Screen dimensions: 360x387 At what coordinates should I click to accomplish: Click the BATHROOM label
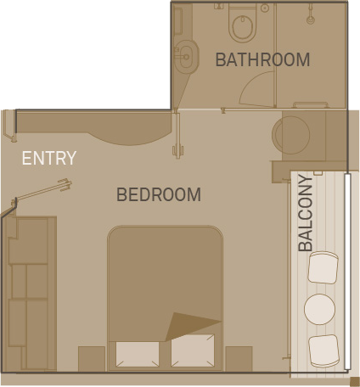(x=262, y=59)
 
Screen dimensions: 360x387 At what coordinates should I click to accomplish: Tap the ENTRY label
(x=49, y=158)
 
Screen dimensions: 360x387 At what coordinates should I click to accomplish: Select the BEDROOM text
(x=159, y=194)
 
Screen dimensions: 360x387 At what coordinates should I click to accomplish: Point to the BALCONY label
(x=306, y=213)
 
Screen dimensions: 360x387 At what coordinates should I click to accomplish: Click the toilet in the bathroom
(x=243, y=25)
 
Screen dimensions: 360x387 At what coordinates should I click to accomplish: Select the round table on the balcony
(x=319, y=309)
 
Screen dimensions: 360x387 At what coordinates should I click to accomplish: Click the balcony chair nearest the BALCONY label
(x=323, y=268)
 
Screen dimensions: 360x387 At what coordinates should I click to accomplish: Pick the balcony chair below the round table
(x=323, y=351)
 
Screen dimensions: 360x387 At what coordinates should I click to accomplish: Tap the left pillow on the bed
(x=138, y=354)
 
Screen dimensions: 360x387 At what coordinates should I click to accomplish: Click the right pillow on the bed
(x=193, y=351)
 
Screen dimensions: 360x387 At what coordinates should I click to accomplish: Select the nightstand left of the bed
(x=92, y=359)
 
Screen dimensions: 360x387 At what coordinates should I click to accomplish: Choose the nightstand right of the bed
(x=239, y=359)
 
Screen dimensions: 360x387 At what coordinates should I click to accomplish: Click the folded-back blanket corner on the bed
(x=193, y=326)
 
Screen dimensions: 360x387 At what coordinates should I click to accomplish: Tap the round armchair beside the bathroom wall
(x=291, y=135)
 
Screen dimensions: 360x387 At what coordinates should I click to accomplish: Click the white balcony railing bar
(x=348, y=272)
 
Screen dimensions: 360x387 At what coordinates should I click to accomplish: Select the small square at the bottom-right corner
(x=355, y=382)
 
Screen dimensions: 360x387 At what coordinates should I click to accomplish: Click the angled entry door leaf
(x=42, y=190)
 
